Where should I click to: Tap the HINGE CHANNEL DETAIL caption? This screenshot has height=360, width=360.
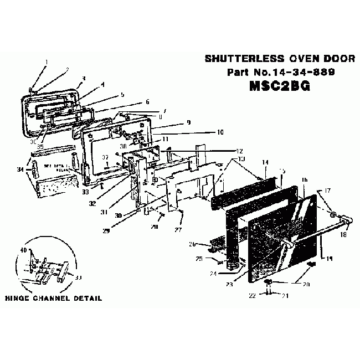(53, 298)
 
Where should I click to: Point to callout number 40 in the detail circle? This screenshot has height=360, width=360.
(23, 250)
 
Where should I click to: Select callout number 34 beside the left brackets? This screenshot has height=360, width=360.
(21, 169)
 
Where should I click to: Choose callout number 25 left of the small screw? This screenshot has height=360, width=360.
(198, 259)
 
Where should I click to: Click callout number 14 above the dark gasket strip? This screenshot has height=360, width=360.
(265, 162)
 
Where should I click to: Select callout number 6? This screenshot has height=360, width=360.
(147, 102)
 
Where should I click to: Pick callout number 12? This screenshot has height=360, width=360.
(240, 151)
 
